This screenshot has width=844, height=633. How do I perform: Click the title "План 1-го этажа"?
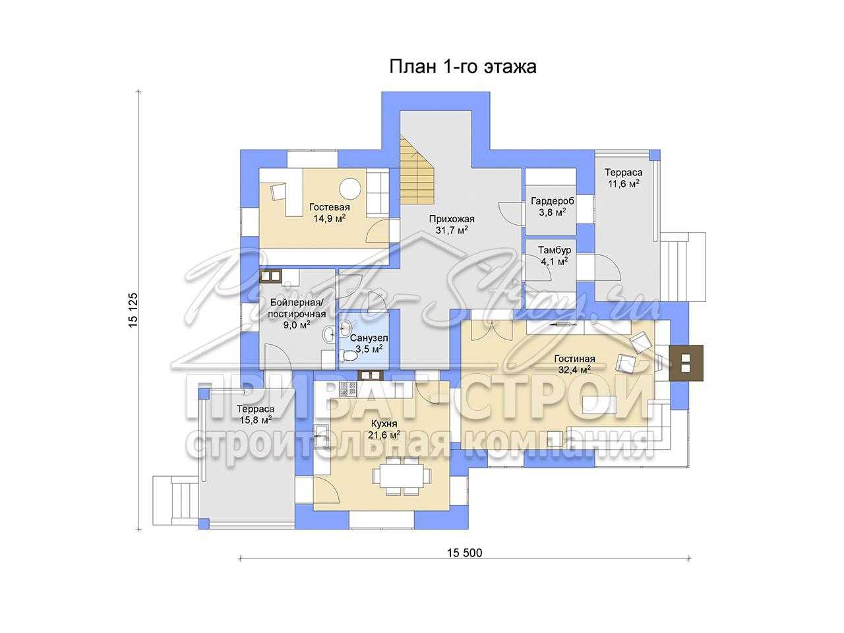[463, 67]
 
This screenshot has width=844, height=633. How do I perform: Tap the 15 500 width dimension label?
[464, 553]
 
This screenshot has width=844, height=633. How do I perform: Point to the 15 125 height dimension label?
[133, 310]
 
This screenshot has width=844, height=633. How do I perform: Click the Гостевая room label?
[330, 208]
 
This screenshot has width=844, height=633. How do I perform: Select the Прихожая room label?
[452, 219]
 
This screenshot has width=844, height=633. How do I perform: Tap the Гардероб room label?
[553, 201]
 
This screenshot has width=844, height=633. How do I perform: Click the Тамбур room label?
[554, 250]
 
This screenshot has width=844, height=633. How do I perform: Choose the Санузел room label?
[369, 338]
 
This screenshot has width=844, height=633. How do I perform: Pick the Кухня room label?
[384, 423]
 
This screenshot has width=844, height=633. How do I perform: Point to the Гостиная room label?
[574, 359]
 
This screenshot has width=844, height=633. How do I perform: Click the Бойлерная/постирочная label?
[297, 308]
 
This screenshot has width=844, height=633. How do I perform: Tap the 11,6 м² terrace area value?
[623, 184]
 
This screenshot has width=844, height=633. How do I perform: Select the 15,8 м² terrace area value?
[256, 420]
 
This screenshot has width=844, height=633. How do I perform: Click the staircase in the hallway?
[417, 174]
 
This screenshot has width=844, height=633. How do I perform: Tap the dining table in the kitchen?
[402, 476]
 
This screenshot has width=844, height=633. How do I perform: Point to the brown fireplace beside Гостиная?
[686, 363]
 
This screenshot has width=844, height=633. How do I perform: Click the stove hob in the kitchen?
[348, 389]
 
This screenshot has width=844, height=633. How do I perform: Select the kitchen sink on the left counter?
[322, 435]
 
